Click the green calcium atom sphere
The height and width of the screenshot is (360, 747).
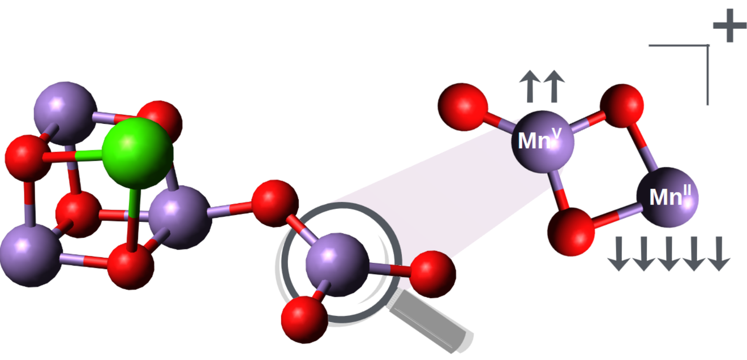point(138,153)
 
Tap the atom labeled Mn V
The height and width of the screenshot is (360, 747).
point(543,142)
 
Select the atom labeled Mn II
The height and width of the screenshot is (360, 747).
point(667,198)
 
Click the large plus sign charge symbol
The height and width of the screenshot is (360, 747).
point(729,25)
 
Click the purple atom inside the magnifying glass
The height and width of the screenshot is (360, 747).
point(337,264)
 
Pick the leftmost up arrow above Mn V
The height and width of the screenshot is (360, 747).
point(530,86)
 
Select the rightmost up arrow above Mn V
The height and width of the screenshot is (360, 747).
point(554,86)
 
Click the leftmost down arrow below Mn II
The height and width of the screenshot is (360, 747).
point(619,254)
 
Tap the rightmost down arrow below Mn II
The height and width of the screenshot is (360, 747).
point(719,254)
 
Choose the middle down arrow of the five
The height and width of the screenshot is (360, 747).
point(669,254)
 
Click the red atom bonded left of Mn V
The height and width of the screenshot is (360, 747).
point(463,107)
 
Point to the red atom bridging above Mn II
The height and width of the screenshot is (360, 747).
point(621,106)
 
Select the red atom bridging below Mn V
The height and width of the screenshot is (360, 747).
point(571,232)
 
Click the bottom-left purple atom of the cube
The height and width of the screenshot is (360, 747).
point(31,255)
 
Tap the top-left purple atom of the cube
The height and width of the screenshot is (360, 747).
point(66,113)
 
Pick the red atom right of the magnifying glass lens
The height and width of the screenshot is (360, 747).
point(432,274)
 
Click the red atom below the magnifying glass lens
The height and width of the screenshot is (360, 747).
point(304,320)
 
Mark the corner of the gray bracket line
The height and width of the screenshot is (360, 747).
point(707,45)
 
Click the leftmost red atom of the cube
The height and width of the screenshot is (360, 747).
point(28,158)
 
